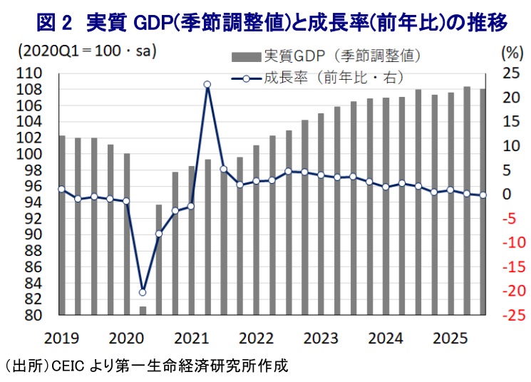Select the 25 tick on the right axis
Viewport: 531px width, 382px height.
click(511, 73)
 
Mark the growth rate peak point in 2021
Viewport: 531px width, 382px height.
click(207, 84)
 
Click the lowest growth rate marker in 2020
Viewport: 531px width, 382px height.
click(143, 292)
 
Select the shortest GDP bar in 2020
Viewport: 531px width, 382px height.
click(143, 311)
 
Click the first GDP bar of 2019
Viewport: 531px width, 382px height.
click(61, 224)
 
